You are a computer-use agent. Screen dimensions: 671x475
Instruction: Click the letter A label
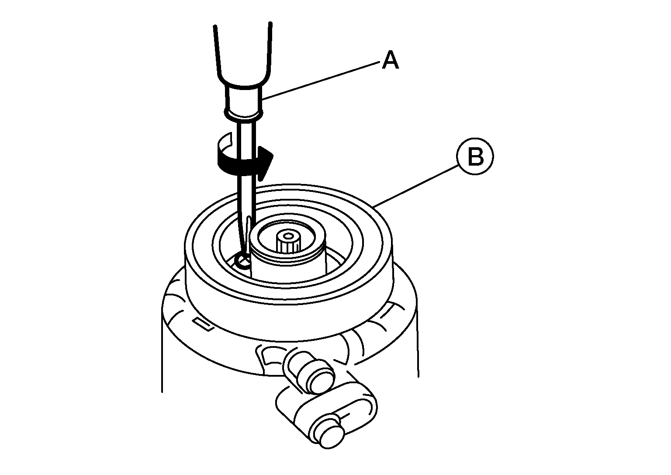pyautogui.click(x=391, y=59)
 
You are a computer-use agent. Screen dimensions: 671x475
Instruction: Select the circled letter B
pyautogui.click(x=475, y=156)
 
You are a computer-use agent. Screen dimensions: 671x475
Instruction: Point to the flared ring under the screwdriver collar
pyautogui.click(x=243, y=114)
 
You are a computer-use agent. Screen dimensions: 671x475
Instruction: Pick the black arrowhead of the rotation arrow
pyautogui.click(x=266, y=163)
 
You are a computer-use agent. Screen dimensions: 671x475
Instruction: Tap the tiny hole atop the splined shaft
pyautogui.click(x=288, y=236)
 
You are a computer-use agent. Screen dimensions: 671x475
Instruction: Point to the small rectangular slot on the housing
pyautogui.click(x=204, y=325)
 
